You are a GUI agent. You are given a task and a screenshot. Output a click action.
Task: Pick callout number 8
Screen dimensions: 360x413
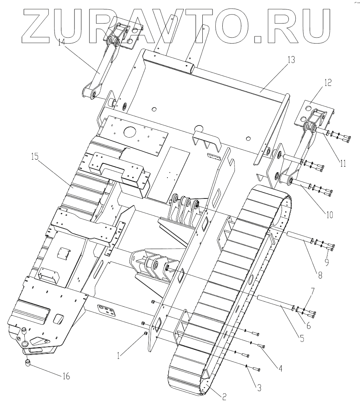(320, 275)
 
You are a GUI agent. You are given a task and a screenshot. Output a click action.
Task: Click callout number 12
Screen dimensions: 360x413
(327, 83)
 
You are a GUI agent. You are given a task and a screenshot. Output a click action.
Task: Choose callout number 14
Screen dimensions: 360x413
(61, 42)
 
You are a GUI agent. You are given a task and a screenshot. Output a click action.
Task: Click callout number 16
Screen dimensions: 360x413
(66, 377)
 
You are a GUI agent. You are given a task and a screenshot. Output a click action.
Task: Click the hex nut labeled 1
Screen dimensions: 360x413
(145, 333)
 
